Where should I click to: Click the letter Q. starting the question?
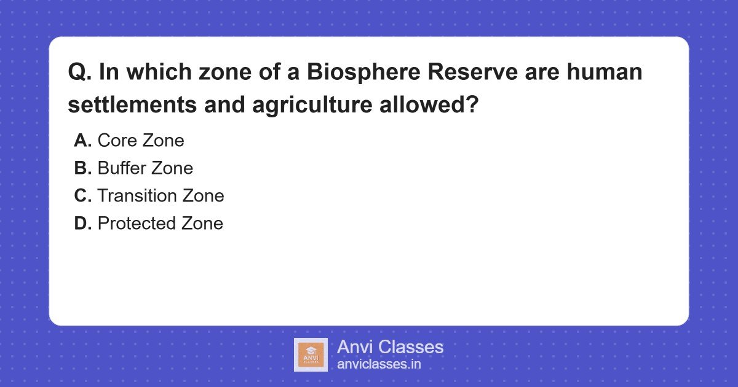pyautogui.click(x=79, y=73)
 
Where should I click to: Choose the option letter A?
pyautogui.click(x=82, y=141)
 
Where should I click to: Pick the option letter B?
pyautogui.click(x=82, y=168)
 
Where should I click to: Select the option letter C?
pyautogui.click(x=82, y=196)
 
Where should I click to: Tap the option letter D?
pyautogui.click(x=82, y=224)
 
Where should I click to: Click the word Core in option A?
pyautogui.click(x=117, y=141)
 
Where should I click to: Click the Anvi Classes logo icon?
pyautogui.click(x=311, y=355)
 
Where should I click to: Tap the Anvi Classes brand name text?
pyautogui.click(x=390, y=347)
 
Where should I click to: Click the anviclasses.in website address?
pyautogui.click(x=379, y=364)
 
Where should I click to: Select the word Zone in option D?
pyautogui.click(x=202, y=224)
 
